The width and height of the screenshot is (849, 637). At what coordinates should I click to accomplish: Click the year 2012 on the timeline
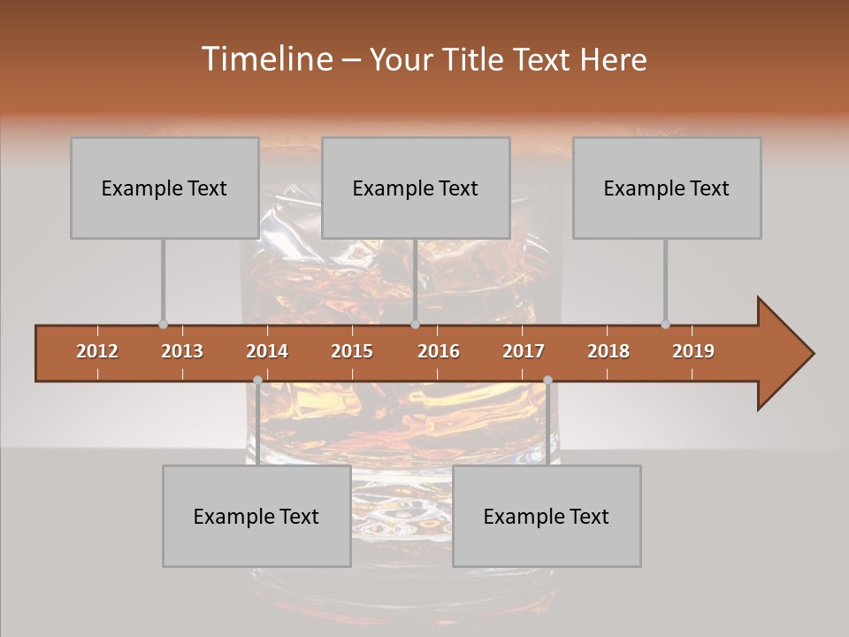97,351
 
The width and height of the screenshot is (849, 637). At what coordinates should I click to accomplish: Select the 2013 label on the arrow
182,351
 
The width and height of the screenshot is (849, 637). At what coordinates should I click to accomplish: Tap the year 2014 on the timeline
267,351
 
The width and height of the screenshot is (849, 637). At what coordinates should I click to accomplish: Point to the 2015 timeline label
352,351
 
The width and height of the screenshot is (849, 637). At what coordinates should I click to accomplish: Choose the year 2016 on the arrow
439,351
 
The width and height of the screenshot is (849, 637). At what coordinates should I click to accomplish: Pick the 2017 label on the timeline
524,351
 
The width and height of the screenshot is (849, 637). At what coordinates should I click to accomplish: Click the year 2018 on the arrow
608,351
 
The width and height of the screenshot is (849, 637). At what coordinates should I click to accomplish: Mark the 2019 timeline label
693,351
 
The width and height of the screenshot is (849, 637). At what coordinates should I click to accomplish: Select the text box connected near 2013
164,188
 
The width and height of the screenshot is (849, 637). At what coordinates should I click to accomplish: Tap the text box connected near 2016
416,188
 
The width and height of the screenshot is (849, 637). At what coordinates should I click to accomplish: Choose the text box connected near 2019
667,188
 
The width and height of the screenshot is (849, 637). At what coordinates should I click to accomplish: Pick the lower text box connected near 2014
256,516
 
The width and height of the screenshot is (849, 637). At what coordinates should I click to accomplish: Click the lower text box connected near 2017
547,516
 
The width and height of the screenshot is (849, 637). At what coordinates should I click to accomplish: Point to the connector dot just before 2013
163,325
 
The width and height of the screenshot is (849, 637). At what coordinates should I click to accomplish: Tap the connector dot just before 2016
415,325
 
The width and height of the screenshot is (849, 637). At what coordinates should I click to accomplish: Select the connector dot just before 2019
665,325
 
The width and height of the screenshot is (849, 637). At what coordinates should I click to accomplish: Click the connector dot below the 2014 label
257,380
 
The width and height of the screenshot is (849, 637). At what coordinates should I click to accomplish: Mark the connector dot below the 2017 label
547,380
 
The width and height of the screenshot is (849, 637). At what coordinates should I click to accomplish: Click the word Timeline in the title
265,59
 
